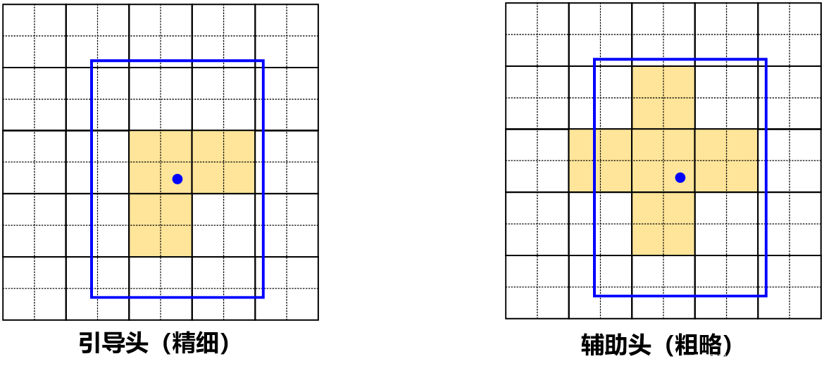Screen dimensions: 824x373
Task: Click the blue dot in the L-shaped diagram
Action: (177, 179)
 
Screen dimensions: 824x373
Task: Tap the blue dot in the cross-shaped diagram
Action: (680, 177)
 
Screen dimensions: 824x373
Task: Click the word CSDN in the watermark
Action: (708, 360)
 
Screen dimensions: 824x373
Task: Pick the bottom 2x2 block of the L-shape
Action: (161, 225)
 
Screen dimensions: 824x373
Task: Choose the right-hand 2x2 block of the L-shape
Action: (223, 162)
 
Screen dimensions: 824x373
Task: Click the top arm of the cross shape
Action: (663, 98)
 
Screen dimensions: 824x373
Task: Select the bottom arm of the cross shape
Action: (663, 224)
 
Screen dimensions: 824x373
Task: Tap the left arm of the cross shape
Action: (600, 160)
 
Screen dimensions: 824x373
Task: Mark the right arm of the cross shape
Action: (726, 160)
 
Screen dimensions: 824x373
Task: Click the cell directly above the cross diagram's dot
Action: (679, 145)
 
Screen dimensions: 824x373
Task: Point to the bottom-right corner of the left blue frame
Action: (263, 296)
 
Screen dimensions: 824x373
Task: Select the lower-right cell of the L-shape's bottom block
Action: (176, 241)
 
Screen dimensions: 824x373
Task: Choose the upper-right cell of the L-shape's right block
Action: (239, 146)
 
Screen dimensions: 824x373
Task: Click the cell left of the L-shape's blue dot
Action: (145, 177)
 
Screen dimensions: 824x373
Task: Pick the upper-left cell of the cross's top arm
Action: (648, 82)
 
